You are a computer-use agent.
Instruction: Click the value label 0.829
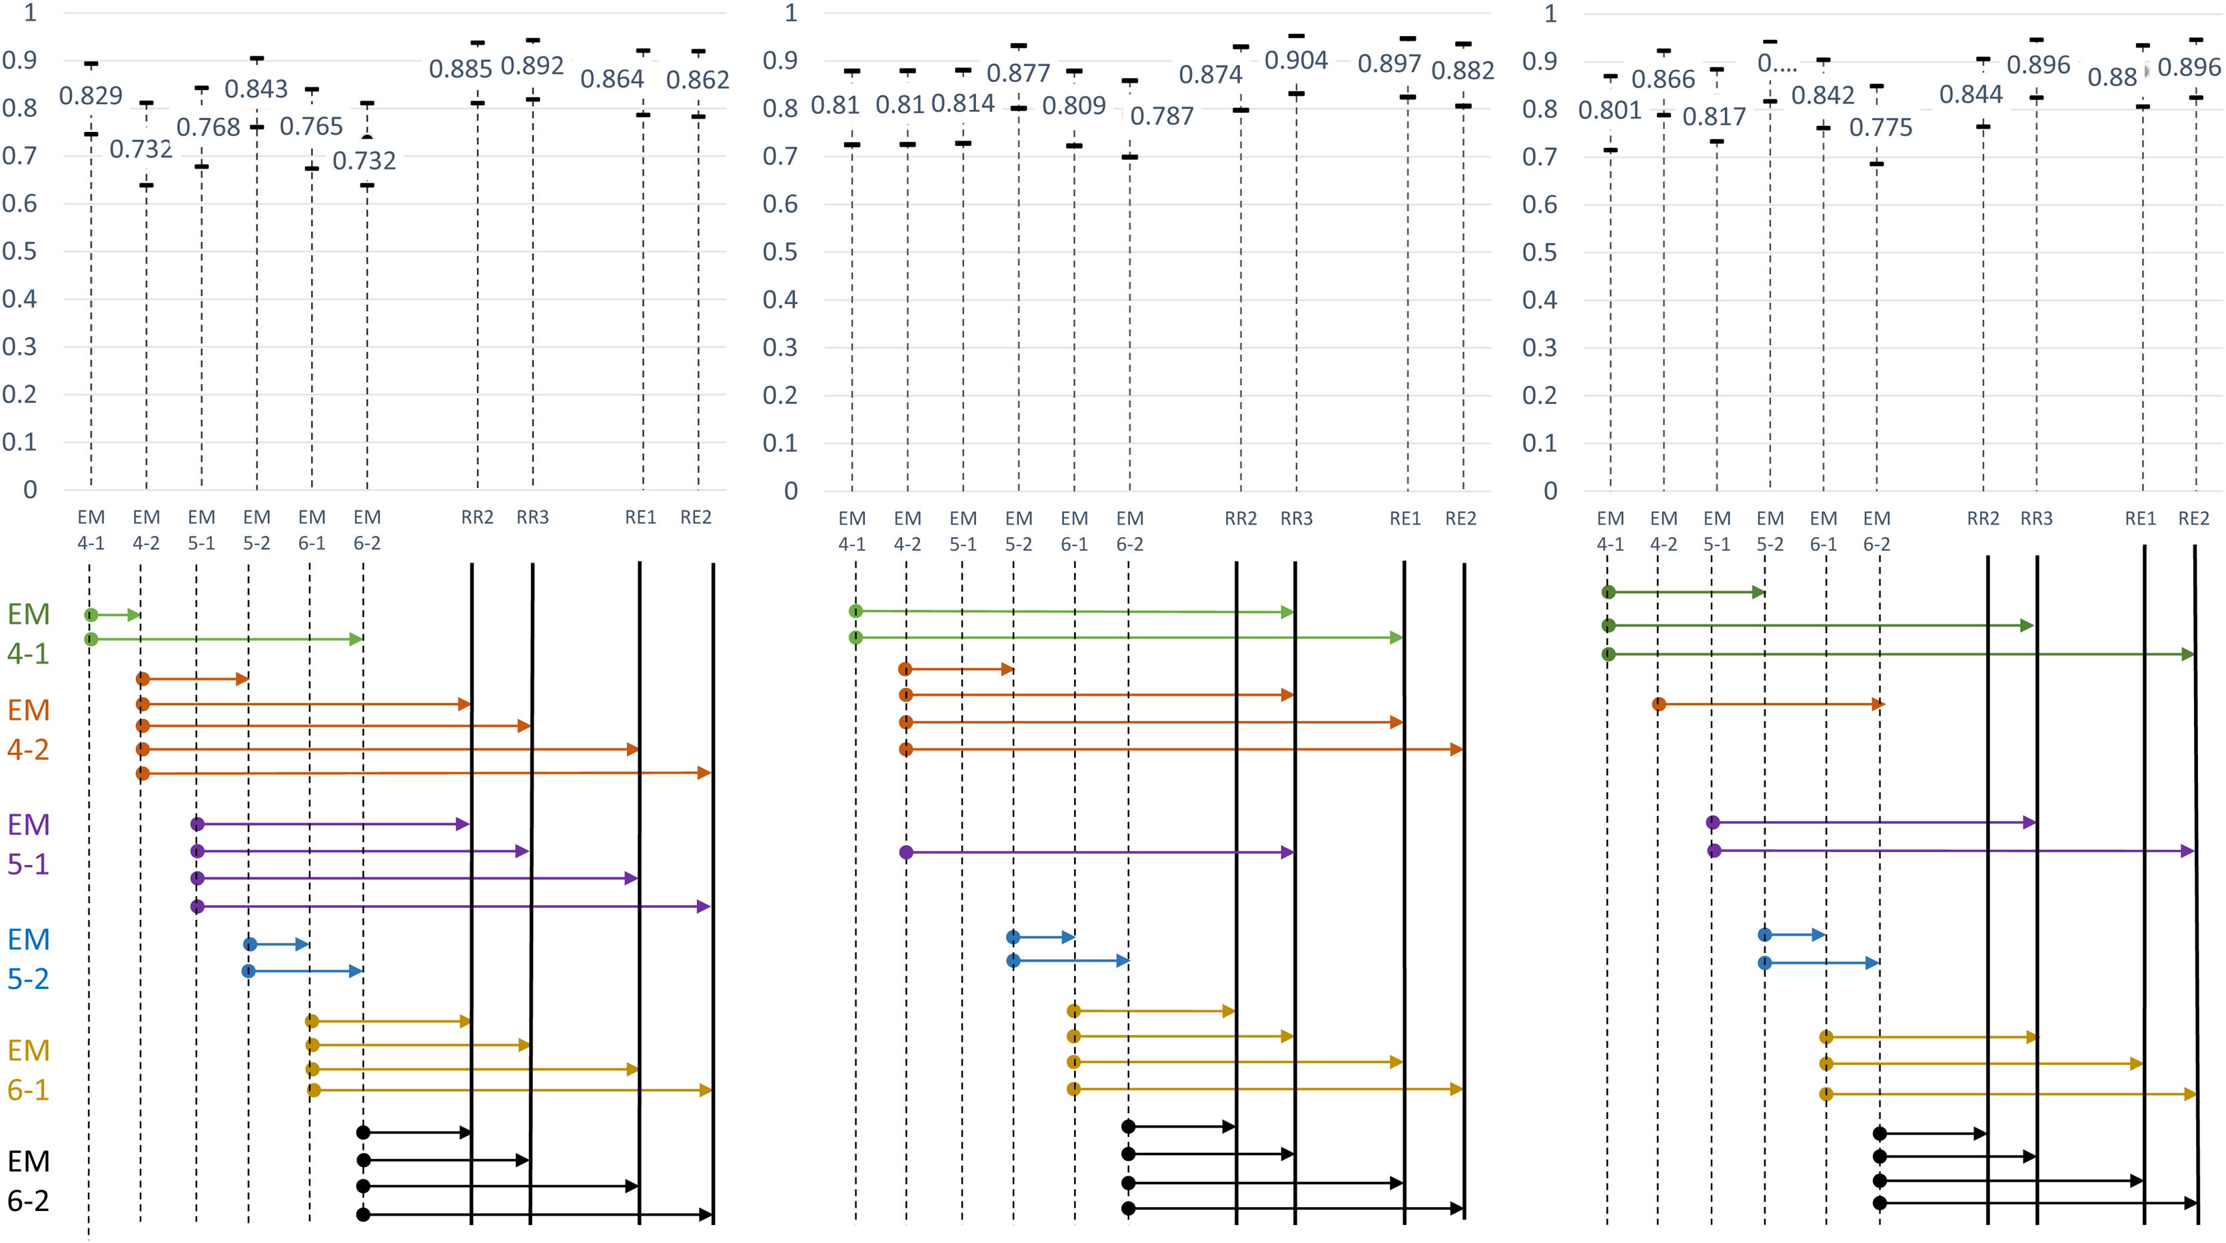pos(91,95)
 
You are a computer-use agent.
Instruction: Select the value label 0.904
pos(1295,61)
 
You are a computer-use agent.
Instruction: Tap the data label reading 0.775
pos(1880,128)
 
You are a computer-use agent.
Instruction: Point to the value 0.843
pos(256,89)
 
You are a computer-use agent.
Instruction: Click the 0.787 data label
pos(1161,116)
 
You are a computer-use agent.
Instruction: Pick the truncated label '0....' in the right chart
pos(1777,64)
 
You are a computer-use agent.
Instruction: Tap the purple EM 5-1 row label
pos(29,844)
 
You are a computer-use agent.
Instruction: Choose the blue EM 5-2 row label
pos(29,958)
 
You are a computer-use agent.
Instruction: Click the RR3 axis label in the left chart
pos(532,517)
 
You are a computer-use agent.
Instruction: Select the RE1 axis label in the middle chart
pos(1405,518)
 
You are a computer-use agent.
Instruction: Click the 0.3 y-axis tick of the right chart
pos(1539,347)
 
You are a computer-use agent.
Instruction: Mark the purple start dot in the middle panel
pos(905,852)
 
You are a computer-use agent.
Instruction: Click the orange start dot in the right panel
pos(1658,704)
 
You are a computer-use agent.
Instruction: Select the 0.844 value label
pos(1970,94)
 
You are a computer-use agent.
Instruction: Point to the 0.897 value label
pos(1389,63)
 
